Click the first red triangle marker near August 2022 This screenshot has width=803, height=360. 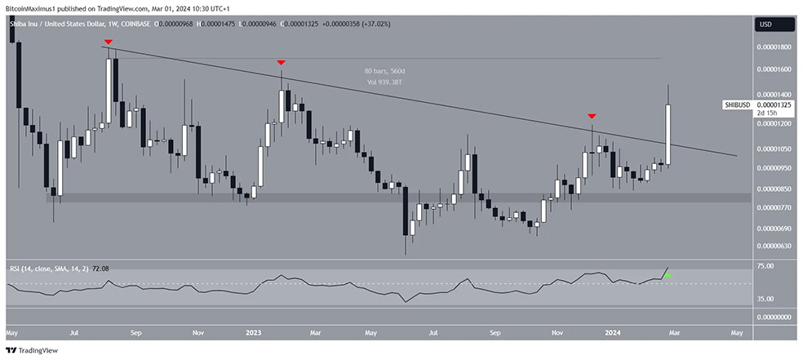click(108, 40)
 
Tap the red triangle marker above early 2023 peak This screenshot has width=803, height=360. click(281, 62)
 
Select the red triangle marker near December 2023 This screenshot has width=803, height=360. click(592, 117)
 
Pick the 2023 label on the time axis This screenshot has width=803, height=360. click(254, 333)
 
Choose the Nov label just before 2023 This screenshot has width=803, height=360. click(198, 333)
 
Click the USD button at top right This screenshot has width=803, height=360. click(765, 24)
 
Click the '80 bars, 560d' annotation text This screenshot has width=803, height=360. click(386, 71)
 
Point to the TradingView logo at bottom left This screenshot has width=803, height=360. click(37, 349)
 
